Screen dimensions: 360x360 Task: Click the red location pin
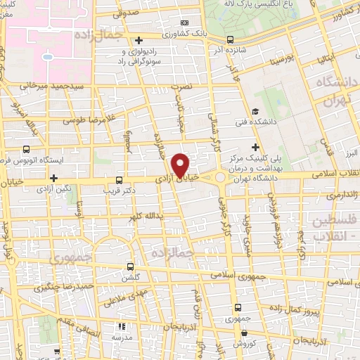coord(181,165)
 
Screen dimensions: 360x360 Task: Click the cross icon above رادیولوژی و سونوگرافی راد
coord(139,39)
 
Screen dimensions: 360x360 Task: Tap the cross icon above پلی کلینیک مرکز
coord(255,146)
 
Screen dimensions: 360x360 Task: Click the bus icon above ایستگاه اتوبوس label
coord(27,149)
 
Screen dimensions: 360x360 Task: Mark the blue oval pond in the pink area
coord(48,56)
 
